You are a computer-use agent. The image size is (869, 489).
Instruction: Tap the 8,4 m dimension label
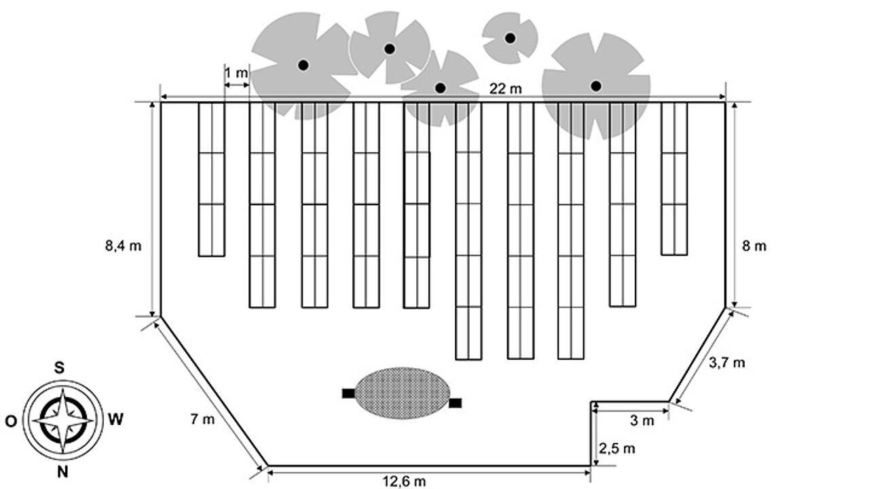pos(124,246)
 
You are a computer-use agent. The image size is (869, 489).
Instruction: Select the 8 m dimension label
pos(754,246)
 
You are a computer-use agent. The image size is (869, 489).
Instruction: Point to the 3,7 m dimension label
pos(727,363)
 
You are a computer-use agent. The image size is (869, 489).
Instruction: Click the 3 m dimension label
pos(642,420)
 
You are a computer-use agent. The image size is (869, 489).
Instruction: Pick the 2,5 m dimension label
pos(617,449)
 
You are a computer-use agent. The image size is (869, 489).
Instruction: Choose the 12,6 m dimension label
pos(404,482)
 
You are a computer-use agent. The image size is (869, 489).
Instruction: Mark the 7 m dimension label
pos(202,419)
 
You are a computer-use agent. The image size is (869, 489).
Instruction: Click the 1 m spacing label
pos(236,73)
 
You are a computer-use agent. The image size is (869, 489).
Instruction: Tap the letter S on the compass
pos(59,367)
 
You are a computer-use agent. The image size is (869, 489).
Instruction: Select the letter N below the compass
pos(62,472)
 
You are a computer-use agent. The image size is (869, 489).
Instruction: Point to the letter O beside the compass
pos(11,421)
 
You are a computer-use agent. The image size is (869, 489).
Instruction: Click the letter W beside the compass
pos(115,420)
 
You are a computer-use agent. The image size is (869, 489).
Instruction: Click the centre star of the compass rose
pos(63,420)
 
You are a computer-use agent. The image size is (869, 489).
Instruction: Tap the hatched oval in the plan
pos(403,393)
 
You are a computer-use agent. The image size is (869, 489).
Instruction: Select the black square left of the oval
pos(348,393)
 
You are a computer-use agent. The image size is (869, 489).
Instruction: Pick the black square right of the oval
pos(456,403)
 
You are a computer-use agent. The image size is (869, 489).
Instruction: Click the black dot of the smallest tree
pos(510,38)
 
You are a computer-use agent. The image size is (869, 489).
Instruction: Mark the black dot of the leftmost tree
pos(303,65)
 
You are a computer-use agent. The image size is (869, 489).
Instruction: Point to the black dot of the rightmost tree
pos(596,86)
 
